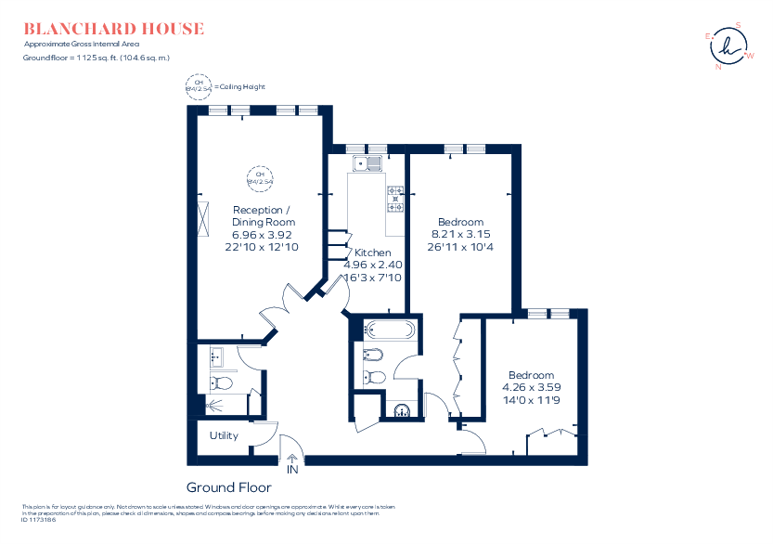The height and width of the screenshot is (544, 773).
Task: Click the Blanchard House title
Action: (114, 29)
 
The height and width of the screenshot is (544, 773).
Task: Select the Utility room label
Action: (224, 435)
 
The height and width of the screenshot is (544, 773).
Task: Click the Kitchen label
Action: (373, 253)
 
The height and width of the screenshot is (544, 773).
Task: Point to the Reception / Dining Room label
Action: (263, 215)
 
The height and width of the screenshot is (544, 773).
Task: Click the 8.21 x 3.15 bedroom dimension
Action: (459, 235)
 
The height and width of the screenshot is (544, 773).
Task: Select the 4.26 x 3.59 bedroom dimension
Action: (531, 387)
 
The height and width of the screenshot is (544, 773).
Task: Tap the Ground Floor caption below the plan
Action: (228, 487)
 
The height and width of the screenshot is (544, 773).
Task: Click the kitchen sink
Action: (367, 164)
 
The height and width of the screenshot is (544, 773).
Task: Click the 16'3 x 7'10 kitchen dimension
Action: (373, 278)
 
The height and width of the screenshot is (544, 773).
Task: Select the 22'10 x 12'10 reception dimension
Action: (263, 248)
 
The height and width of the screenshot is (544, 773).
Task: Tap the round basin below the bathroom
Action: (403, 411)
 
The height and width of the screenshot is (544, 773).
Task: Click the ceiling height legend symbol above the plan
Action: (198, 86)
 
